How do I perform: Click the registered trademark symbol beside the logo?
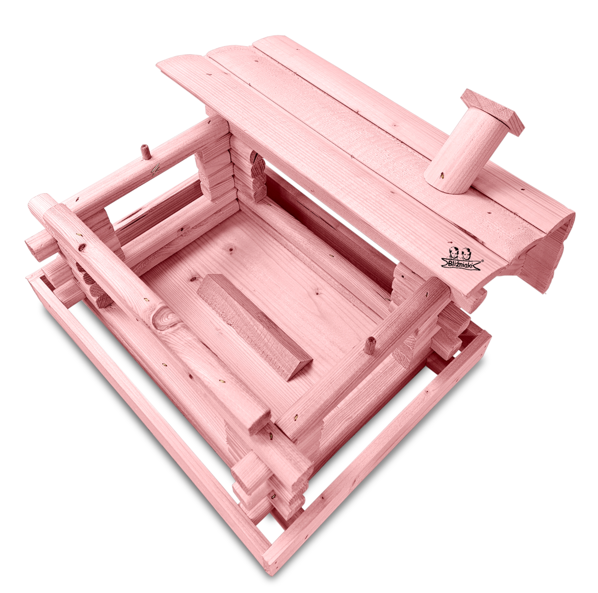coord(482,261)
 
